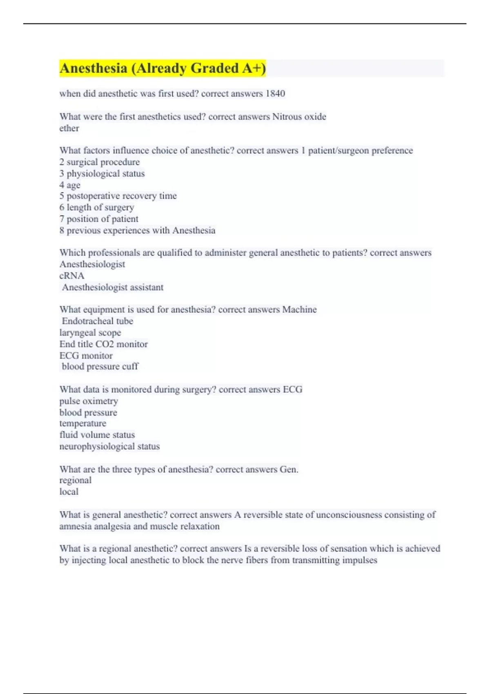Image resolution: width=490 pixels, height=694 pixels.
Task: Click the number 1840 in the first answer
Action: click(x=275, y=93)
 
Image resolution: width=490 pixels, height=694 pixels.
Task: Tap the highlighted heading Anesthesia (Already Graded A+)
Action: click(x=163, y=68)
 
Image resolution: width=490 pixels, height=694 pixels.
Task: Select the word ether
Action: click(x=69, y=128)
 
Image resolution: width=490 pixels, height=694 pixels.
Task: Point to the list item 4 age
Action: click(x=70, y=185)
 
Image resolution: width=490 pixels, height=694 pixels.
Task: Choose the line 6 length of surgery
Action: click(x=97, y=207)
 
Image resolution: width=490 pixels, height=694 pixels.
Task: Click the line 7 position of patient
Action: click(x=99, y=219)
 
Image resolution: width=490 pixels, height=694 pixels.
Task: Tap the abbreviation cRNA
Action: click(x=72, y=276)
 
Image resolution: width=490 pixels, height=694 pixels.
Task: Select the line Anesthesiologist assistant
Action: click(x=112, y=287)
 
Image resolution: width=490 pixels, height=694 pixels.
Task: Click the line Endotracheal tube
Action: click(x=97, y=321)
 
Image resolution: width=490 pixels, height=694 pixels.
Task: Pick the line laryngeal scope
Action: click(x=90, y=333)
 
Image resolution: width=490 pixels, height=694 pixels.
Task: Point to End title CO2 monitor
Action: click(x=104, y=344)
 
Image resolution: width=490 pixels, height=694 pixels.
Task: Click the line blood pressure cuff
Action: click(x=100, y=367)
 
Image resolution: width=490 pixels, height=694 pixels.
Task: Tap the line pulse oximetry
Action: click(x=89, y=401)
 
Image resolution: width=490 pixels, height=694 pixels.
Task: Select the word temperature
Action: click(x=83, y=423)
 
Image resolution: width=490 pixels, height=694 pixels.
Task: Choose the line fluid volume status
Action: click(x=97, y=435)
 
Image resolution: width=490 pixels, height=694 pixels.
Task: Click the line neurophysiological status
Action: click(x=109, y=446)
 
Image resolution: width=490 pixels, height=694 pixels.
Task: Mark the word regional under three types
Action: click(x=76, y=480)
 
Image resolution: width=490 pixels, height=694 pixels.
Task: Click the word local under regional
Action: click(x=69, y=492)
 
